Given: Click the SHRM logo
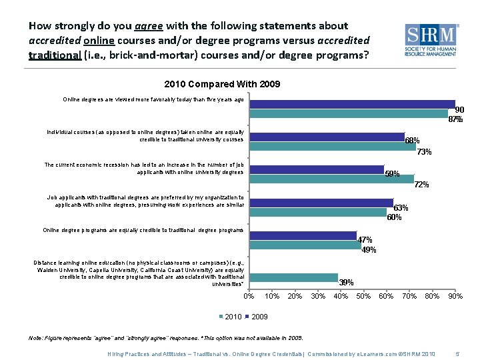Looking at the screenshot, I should click(x=432, y=41).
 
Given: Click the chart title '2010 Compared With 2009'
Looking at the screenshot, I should click(x=222, y=84).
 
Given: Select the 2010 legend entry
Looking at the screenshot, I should click(x=230, y=316).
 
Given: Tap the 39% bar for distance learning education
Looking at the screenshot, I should click(x=294, y=277).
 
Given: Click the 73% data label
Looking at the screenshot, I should click(x=424, y=152).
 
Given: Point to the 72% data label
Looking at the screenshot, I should click(x=421, y=185).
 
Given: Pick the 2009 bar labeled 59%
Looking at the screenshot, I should click(x=317, y=169).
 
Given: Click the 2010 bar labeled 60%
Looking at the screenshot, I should click(x=319, y=212).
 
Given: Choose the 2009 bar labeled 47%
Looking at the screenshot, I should click(x=304, y=235).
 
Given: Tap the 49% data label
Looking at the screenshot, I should click(x=369, y=250).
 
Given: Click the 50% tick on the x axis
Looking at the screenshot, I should click(x=363, y=296).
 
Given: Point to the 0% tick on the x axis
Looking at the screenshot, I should click(x=249, y=296).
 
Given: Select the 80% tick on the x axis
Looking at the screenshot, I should click(x=432, y=296).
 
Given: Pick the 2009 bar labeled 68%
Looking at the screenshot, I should click(x=327, y=137).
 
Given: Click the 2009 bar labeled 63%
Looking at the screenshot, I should click(x=322, y=203).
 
